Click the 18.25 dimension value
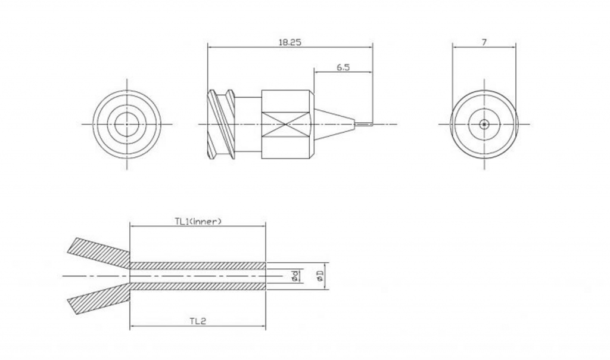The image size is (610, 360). click(x=290, y=42)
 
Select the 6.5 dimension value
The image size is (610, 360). click(x=343, y=67)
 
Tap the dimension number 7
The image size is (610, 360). click(x=484, y=42)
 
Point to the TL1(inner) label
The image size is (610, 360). click(x=198, y=222)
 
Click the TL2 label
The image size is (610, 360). click(x=198, y=321)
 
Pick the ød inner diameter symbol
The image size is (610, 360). click(x=296, y=276)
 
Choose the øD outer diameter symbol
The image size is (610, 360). click(x=320, y=276)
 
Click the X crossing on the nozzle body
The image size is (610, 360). click(x=287, y=125)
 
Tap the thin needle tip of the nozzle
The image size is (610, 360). click(x=364, y=124)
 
